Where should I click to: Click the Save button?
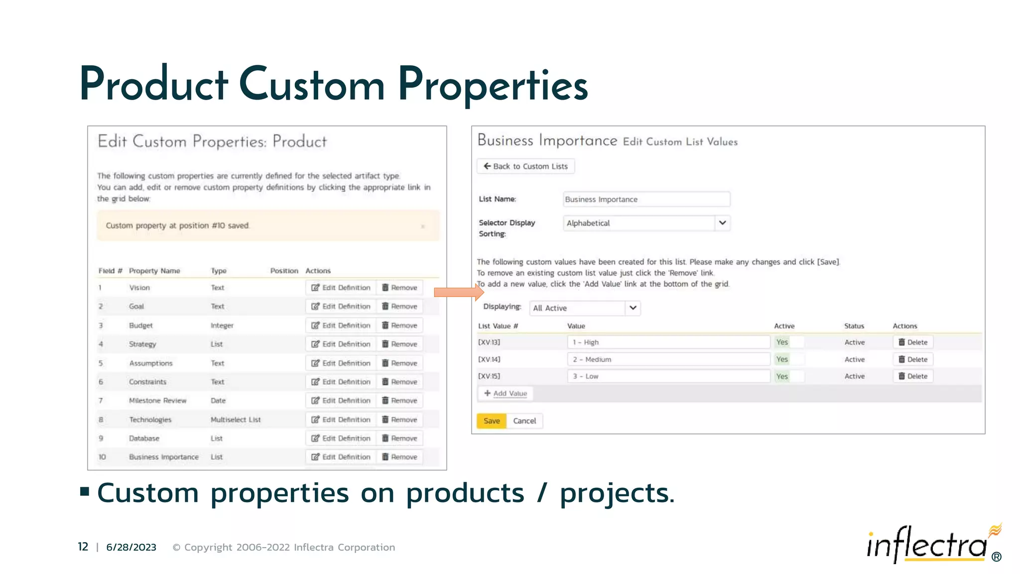pos(491,421)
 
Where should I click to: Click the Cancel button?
pos(524,421)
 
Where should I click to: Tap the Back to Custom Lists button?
pos(525,166)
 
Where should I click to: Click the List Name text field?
pos(646,199)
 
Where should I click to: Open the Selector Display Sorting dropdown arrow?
pos(722,223)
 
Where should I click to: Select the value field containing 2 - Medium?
pos(668,359)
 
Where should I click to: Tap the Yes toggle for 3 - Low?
pos(788,376)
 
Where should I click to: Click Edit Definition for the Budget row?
pos(341,325)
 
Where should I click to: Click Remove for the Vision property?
pos(399,287)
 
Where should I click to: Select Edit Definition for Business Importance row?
pos(341,457)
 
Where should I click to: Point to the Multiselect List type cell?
pos(236,420)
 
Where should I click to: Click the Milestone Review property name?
pos(157,401)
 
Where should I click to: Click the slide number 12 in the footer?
pos(83,547)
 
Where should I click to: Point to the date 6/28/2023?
pos(131,547)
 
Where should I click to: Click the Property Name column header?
pos(154,271)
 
